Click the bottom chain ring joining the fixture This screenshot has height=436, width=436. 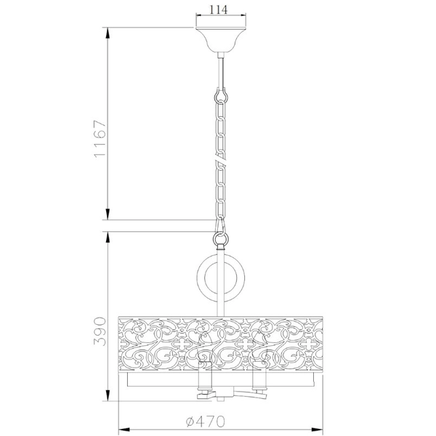218,237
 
